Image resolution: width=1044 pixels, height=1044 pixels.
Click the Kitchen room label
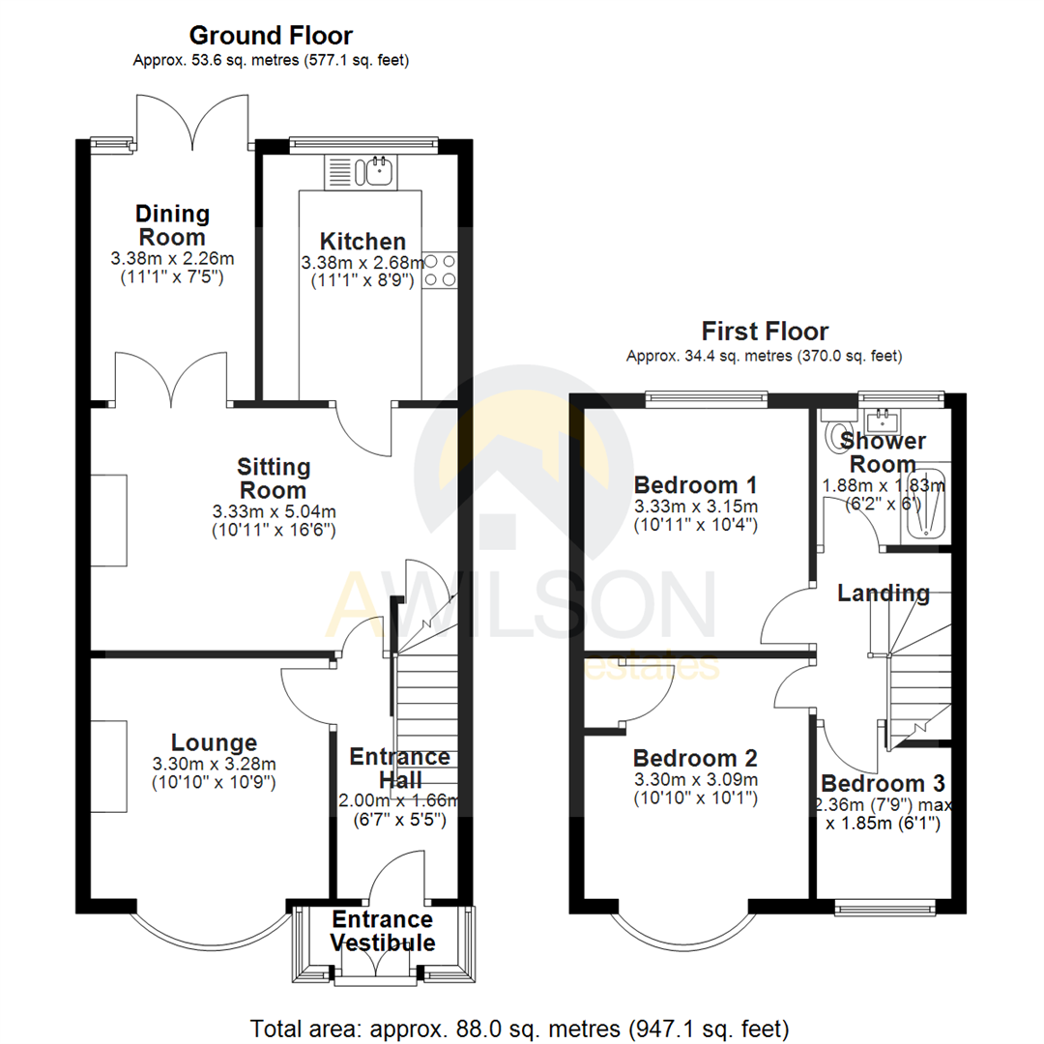[362, 242]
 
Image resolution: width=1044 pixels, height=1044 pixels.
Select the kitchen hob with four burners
[440, 270]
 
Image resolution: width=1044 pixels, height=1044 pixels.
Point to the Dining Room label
[171, 225]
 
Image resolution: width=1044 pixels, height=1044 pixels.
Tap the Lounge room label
[214, 742]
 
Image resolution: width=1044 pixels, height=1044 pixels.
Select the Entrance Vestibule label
[383, 931]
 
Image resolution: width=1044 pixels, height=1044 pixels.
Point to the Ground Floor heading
[271, 36]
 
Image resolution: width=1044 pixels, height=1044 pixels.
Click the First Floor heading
[765, 332]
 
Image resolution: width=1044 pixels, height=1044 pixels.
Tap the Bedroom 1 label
[696, 484]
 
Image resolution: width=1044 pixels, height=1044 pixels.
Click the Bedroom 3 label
[883, 783]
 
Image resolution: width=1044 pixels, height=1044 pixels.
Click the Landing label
[883, 593]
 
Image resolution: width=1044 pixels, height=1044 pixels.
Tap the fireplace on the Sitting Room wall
[109, 520]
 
